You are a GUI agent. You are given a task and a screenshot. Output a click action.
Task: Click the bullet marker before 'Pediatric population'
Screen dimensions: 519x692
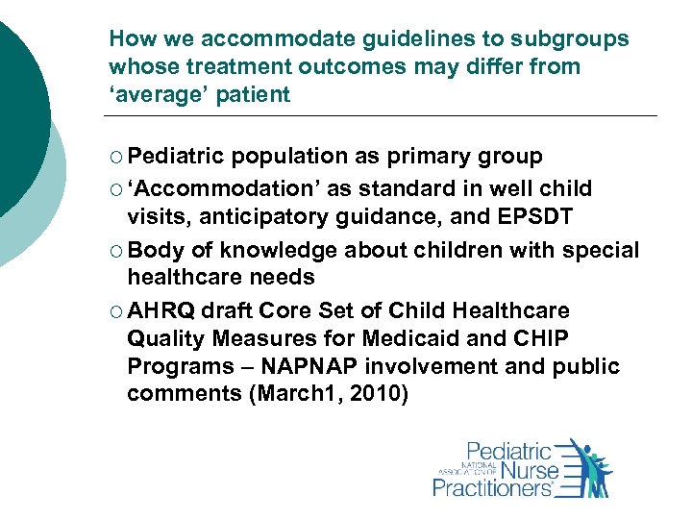pyautogui.click(x=115, y=157)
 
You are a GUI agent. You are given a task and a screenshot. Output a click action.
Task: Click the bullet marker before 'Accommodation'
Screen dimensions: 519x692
pyautogui.click(x=115, y=187)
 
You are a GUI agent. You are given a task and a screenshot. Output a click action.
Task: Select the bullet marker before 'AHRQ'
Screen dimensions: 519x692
pyautogui.click(x=115, y=310)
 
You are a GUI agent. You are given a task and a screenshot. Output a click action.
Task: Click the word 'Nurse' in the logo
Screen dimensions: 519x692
pyautogui.click(x=520, y=470)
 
